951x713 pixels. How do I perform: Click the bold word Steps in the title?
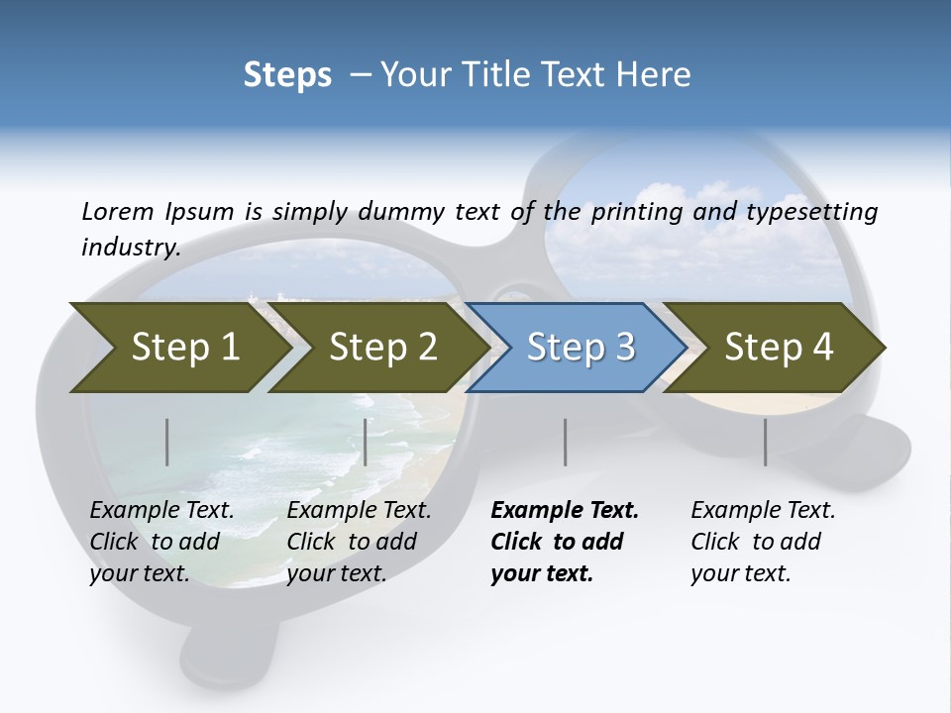pos(287,74)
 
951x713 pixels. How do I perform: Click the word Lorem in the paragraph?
pos(117,211)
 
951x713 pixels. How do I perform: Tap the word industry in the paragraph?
pos(131,248)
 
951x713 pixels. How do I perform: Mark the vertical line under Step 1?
pos(166,442)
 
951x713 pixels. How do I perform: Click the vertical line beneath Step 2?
pos(366,442)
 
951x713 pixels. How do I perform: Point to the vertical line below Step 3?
pos(565,442)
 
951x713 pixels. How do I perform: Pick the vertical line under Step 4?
pos(765,442)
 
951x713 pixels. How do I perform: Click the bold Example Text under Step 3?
pos(565,511)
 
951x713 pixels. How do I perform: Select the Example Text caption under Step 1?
pos(161,511)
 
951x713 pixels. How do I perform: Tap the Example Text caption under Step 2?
pos(359,511)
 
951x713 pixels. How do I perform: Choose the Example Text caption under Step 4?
pos(763,511)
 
